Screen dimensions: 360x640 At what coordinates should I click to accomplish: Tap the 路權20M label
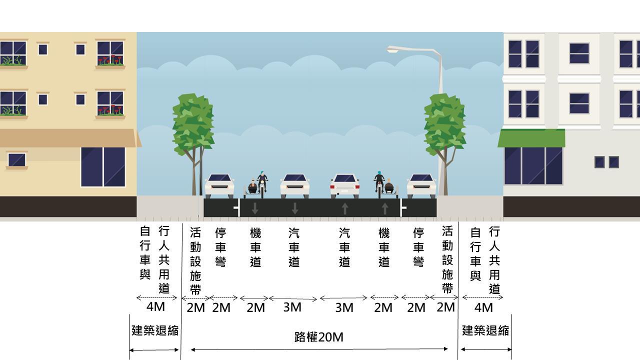pos(318,337)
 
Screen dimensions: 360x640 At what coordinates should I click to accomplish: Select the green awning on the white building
pos(531,138)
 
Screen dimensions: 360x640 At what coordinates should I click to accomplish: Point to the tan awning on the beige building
pos(68,138)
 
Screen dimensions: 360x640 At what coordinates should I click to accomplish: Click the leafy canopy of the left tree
pos(193,122)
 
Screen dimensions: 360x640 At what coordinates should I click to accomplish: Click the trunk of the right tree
pos(445,172)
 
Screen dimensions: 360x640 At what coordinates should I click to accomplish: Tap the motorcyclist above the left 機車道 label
pos(262,182)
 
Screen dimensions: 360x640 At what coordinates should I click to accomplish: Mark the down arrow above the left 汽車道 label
pos(294,208)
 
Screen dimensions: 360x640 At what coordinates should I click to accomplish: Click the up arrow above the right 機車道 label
pos(384,208)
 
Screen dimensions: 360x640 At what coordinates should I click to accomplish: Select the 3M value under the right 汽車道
pos(344,307)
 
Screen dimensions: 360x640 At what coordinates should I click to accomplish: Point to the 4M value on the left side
pos(155,306)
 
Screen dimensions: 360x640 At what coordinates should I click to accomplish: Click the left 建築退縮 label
pos(154,330)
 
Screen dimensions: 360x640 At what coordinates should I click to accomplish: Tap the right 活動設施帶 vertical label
pos(447,259)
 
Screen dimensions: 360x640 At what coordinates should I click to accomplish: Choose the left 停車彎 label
pos(220,247)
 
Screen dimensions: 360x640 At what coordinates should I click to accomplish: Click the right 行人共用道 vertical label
pos(494,260)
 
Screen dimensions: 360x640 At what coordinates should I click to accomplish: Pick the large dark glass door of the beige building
pos(103,166)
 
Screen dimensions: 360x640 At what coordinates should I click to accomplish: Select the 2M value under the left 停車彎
pos(221,307)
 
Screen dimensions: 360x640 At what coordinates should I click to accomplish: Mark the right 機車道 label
pos(383,247)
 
